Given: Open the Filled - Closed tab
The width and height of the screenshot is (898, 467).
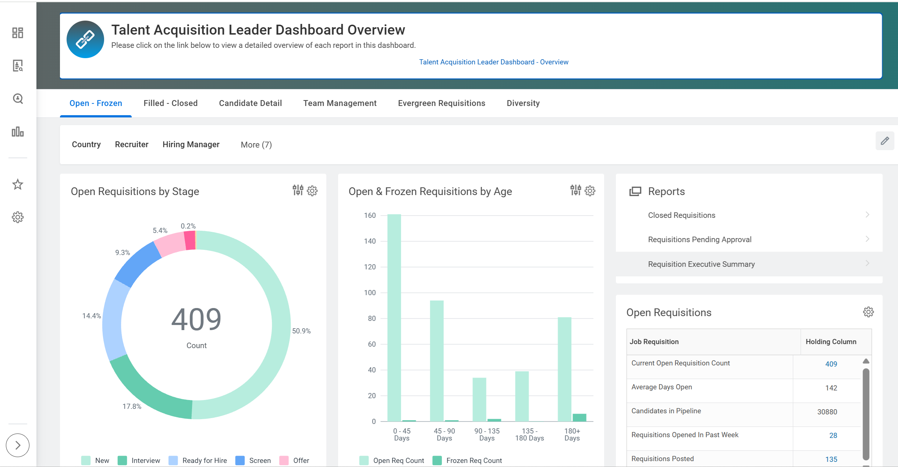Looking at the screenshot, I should [x=170, y=103].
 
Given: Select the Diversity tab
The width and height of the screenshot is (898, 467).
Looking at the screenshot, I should [x=523, y=103].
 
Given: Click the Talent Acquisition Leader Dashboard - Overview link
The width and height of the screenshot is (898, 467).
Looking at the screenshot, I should [x=493, y=62].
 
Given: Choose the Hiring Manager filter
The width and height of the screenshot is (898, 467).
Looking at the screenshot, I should [x=191, y=145].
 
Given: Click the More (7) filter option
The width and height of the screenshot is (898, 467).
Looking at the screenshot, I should [x=256, y=145].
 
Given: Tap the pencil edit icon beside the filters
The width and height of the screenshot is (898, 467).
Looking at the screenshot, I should [x=884, y=141].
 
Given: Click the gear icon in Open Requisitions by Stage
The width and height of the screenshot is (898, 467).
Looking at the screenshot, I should [x=312, y=191].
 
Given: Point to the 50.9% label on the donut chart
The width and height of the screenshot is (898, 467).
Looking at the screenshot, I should [x=301, y=331].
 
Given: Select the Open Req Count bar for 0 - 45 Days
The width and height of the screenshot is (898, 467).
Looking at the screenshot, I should [x=394, y=316].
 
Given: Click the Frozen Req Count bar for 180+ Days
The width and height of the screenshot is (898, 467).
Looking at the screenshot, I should [x=579, y=417].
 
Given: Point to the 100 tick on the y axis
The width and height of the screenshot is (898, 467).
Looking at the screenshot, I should [x=370, y=293].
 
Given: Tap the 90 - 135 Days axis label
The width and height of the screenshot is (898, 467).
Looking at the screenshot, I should [x=486, y=435].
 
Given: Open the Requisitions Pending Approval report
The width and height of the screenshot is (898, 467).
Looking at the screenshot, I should [x=699, y=240].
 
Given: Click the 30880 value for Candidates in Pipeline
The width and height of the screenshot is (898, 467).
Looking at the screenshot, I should [x=827, y=412].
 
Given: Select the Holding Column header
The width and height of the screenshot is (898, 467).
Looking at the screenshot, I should [x=831, y=342].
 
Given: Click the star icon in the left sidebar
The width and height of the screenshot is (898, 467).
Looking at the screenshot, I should [x=18, y=184].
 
